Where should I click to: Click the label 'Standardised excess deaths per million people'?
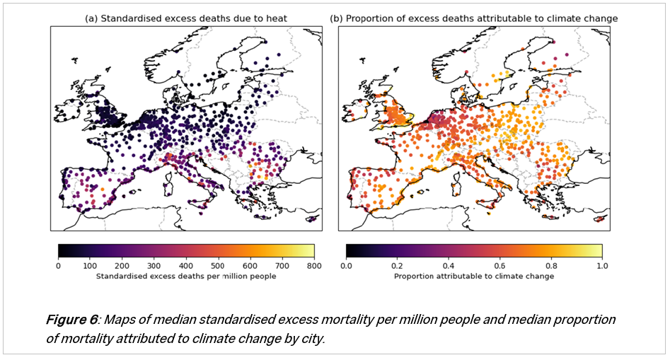tap(186, 276)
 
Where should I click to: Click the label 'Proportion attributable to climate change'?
tap(474, 276)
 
